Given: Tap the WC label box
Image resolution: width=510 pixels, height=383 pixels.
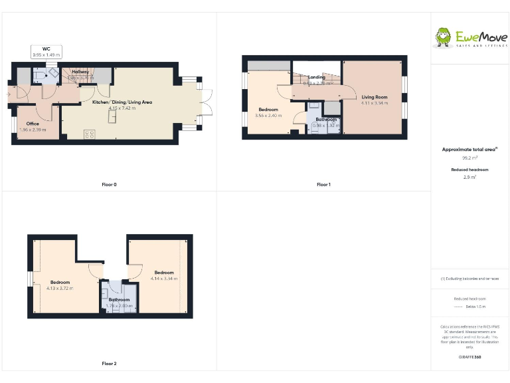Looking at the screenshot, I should pyautogui.click(x=46, y=51).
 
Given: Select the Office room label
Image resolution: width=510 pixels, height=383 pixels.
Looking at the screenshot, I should pyautogui.click(x=33, y=124).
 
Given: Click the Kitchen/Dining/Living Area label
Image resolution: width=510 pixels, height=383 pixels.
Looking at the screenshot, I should pyautogui.click(x=122, y=102).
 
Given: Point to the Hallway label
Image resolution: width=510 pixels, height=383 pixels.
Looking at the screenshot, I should pyautogui.click(x=80, y=72).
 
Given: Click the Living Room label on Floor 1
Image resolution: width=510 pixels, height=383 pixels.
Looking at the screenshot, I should pyautogui.click(x=375, y=97).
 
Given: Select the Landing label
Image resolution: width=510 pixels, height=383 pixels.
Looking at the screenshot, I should pyautogui.click(x=317, y=78).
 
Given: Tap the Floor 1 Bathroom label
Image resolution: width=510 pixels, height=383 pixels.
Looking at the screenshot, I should pyautogui.click(x=326, y=120).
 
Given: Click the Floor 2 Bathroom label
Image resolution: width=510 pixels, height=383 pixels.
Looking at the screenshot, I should pyautogui.click(x=120, y=299).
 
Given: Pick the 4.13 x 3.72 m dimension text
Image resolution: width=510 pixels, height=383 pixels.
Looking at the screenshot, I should pyautogui.click(x=60, y=288).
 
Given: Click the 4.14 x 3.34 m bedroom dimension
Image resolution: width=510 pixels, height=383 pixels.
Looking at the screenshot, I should pyautogui.click(x=164, y=278).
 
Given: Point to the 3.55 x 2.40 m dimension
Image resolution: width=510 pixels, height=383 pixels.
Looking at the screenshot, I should pyautogui.click(x=268, y=115).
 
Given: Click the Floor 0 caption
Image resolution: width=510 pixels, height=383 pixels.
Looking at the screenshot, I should pyautogui.click(x=110, y=184).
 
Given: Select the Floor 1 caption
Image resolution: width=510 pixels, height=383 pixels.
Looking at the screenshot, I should pyautogui.click(x=323, y=184).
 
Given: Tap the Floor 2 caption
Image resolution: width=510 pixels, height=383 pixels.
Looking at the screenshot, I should pyautogui.click(x=110, y=364).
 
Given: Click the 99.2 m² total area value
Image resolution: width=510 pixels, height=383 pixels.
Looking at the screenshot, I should pyautogui.click(x=469, y=158).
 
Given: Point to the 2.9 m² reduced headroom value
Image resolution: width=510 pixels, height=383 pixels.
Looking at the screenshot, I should pyautogui.click(x=469, y=178).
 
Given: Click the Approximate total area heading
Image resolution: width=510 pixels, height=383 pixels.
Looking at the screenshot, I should pyautogui.click(x=469, y=150).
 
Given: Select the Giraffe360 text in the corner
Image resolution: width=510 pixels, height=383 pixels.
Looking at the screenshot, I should pyautogui.click(x=469, y=358).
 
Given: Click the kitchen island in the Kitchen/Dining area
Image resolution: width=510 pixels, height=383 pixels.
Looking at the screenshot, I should pyautogui.click(x=113, y=117).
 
